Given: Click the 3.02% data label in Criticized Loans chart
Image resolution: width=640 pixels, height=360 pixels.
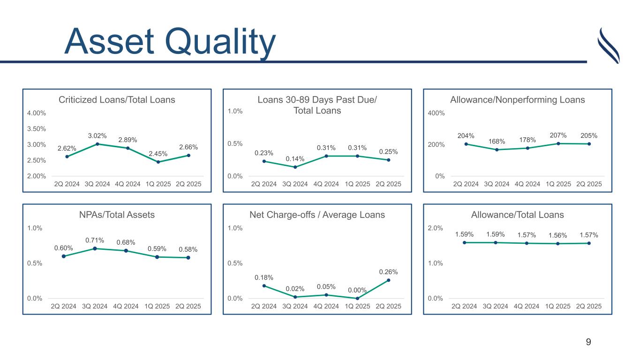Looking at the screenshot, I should point(97,136).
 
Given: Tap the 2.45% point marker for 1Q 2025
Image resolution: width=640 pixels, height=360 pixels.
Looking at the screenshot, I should point(158,162).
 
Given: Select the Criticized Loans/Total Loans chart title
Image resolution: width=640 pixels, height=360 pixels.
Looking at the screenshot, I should point(117,100).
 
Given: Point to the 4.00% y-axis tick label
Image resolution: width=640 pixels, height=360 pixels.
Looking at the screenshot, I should point(36,113).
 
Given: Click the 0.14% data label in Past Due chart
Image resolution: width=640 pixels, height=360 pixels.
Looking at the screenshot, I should point(295,159).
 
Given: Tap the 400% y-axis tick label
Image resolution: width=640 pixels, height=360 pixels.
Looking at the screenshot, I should point(437,113).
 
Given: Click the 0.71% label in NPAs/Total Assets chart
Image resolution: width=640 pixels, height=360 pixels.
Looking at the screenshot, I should point(95,240).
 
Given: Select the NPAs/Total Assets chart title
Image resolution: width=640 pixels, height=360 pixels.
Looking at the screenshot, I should point(117,215).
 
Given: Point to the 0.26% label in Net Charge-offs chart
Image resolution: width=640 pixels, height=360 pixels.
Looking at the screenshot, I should point(388,272).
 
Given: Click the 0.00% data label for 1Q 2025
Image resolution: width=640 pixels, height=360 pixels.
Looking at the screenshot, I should point(357,291).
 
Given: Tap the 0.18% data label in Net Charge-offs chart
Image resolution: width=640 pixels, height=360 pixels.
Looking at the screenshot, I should point(264,277).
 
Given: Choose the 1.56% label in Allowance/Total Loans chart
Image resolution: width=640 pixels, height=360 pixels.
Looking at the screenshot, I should point(558,235).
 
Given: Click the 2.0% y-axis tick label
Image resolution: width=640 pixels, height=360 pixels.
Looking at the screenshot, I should point(436,228).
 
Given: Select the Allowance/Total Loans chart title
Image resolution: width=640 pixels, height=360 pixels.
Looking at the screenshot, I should point(517,215).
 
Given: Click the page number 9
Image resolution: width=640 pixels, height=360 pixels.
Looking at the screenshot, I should point(588,342).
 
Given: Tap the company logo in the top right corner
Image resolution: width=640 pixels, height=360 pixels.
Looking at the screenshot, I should point(609,45).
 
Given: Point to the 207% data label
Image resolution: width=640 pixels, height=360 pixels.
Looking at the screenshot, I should point(558,135).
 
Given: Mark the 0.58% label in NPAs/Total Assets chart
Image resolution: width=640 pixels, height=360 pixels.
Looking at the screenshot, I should point(188,250).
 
